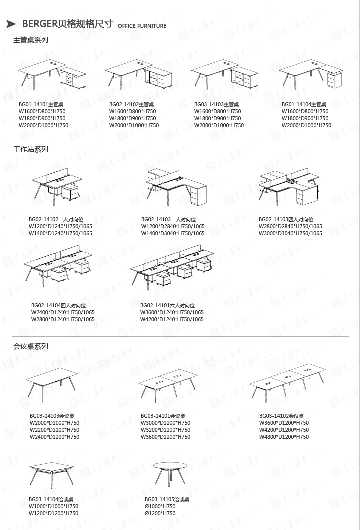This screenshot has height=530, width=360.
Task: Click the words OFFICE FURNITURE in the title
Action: pyautogui.click(x=142, y=26)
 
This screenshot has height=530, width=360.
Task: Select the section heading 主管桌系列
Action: pyautogui.click(x=30, y=40)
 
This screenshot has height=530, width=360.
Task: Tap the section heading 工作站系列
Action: pyautogui.click(x=30, y=149)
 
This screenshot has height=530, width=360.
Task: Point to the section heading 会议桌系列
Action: pyautogui.click(x=30, y=346)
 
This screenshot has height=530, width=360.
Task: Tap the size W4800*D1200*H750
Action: pyautogui.click(x=284, y=437)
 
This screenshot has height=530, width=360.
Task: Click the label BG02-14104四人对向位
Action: pyautogui.click(x=58, y=305)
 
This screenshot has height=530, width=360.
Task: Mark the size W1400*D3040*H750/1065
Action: pyautogui.click(x=172, y=233)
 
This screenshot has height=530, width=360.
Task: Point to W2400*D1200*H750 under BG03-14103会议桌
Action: pyautogui.click(x=54, y=437)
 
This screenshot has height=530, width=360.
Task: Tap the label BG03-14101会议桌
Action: pyautogui.click(x=163, y=416)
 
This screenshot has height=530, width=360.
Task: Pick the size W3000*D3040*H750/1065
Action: pyautogui.click(x=290, y=233)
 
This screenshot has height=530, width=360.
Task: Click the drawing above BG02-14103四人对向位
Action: pyautogui.click(x=289, y=186)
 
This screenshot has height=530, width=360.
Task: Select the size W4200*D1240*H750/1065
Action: pyautogui.click(x=172, y=319)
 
